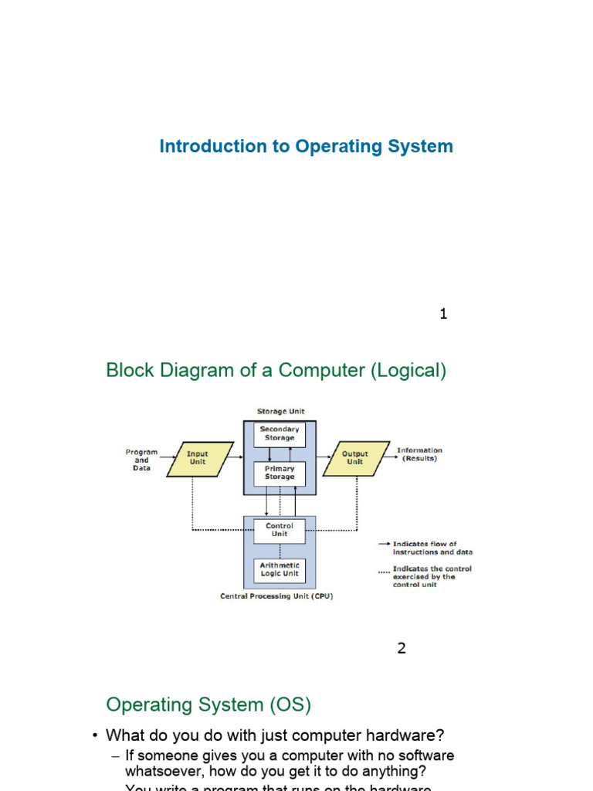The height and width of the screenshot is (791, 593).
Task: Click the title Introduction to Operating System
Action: tap(306, 146)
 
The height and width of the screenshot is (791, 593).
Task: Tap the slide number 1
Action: tap(443, 314)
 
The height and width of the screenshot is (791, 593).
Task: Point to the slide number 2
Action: tap(402, 648)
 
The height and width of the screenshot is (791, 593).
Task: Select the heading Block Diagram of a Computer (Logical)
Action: tap(276, 371)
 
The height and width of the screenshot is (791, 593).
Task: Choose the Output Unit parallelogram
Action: tap(355, 457)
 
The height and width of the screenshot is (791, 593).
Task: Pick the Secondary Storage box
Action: tap(280, 434)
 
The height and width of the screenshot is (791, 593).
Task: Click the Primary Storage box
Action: tap(280, 473)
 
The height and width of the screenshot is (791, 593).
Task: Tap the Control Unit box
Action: tap(280, 531)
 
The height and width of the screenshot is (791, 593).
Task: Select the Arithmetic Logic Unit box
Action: tap(280, 570)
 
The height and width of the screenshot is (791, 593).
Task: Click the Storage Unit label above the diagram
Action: tap(280, 412)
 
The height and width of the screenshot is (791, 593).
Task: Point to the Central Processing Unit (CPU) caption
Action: tap(277, 596)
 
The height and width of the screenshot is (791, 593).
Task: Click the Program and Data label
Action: tap(141, 460)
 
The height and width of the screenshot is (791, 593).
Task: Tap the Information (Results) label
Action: tap(419, 454)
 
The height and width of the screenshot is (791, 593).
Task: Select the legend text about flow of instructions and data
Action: tap(432, 548)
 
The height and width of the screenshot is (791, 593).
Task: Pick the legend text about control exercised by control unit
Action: tap(432, 577)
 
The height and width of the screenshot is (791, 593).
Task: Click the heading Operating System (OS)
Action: tap(208, 704)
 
